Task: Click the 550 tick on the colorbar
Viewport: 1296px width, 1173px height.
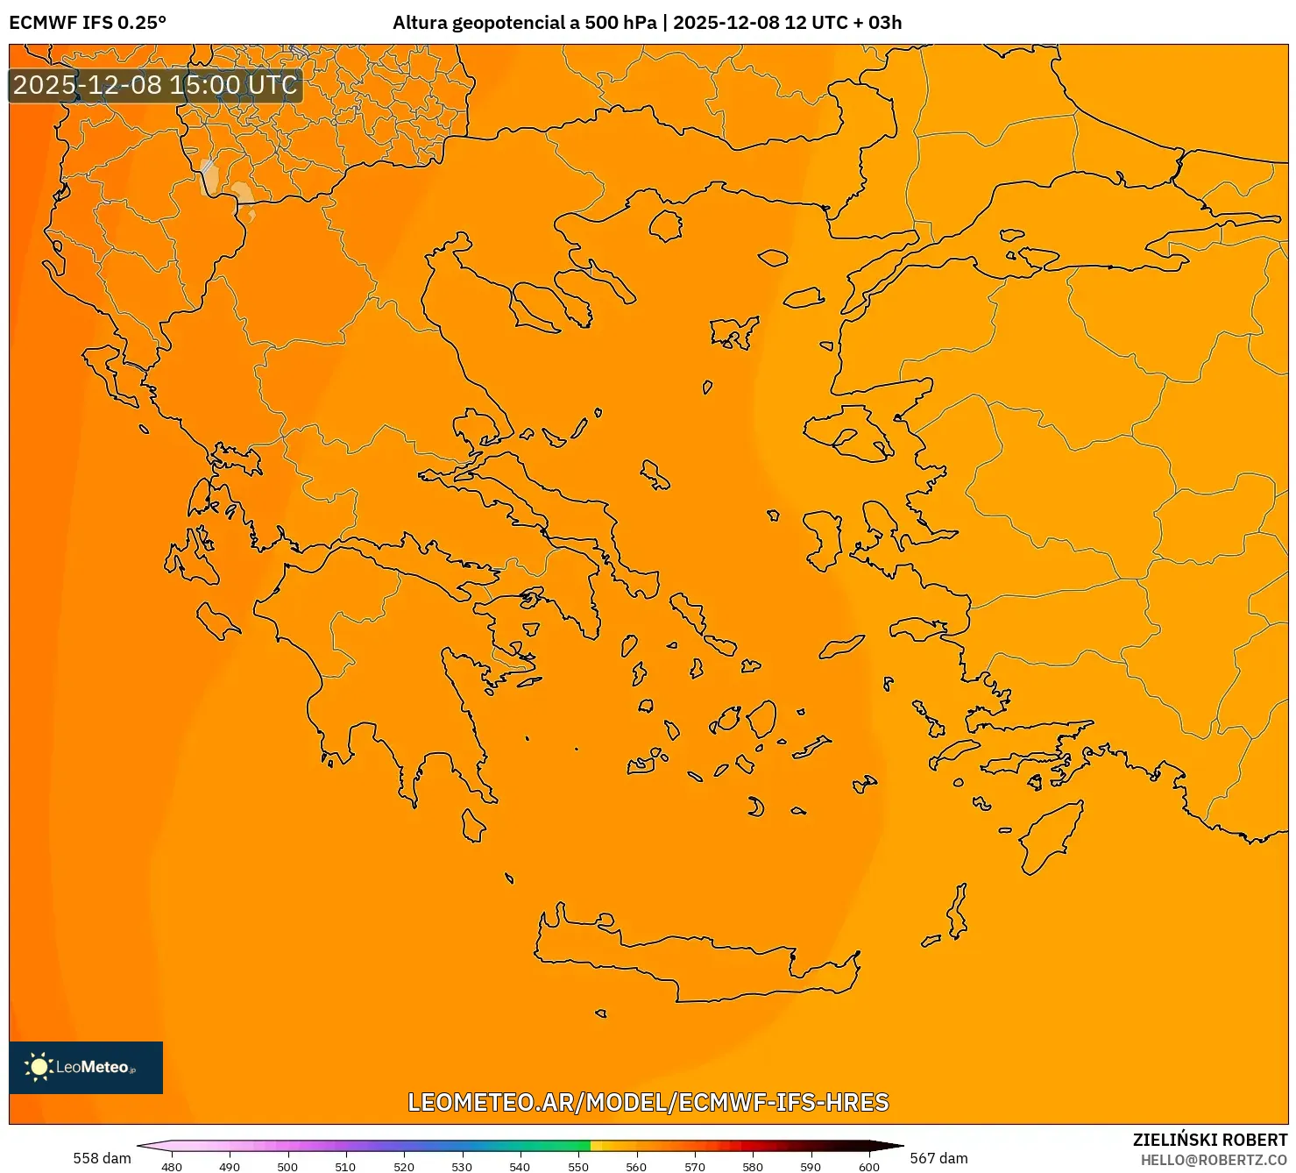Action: (578, 1167)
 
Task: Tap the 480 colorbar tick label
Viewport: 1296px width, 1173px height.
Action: (172, 1167)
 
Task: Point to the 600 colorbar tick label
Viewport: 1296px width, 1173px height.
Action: (868, 1167)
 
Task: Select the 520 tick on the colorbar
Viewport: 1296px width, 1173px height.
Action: (404, 1167)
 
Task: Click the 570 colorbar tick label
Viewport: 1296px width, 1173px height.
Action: (695, 1167)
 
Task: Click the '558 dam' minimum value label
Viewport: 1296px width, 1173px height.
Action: (102, 1158)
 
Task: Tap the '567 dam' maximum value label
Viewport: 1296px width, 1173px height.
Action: (938, 1158)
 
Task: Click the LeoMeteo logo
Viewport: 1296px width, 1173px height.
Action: (86, 1067)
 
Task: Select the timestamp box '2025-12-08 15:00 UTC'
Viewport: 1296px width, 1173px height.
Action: (155, 85)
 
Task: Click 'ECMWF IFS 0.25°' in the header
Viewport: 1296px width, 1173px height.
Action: (88, 23)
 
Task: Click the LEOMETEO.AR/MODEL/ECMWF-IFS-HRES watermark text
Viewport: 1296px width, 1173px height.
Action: (648, 1102)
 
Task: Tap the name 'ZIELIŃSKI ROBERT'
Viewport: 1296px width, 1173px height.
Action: (1209, 1140)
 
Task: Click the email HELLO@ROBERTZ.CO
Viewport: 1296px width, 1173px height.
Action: (1214, 1160)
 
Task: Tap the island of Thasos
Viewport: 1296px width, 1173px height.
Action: (666, 225)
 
